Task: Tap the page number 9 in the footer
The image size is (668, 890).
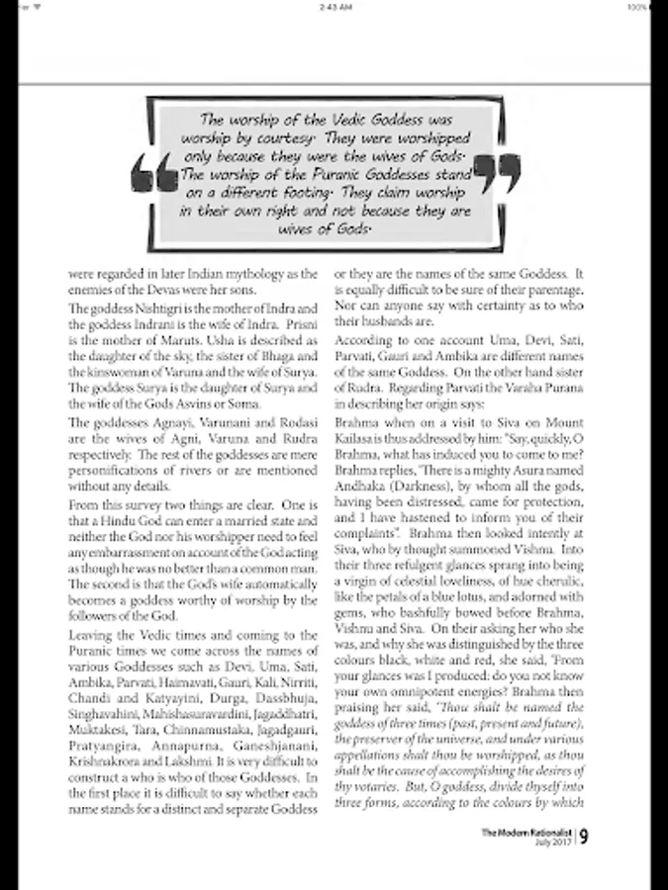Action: pyautogui.click(x=585, y=837)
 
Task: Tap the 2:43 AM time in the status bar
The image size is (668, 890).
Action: pyautogui.click(x=334, y=5)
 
